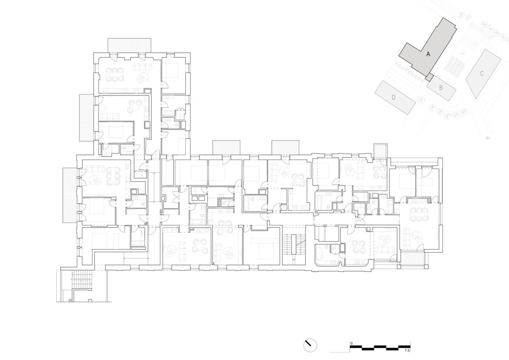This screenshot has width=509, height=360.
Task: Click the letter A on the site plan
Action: [428, 54]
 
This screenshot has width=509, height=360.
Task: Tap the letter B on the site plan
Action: [441, 87]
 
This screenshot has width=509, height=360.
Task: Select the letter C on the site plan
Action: [482, 73]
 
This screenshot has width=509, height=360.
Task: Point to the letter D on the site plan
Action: [394, 97]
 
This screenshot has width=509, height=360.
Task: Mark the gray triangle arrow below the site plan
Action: [487, 138]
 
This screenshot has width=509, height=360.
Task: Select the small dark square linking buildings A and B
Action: [429, 77]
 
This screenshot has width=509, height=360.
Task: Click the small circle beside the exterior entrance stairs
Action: [70, 300]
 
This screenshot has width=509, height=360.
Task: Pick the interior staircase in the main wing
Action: [294, 246]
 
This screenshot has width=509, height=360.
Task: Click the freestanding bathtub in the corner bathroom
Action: [320, 252]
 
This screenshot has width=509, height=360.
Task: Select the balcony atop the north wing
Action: [129, 45]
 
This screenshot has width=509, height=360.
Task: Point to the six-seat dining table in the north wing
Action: [115, 74]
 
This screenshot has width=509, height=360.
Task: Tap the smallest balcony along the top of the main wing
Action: [380, 150]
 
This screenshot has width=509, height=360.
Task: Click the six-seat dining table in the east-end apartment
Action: [419, 214]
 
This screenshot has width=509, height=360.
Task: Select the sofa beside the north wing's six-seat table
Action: [143, 67]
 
